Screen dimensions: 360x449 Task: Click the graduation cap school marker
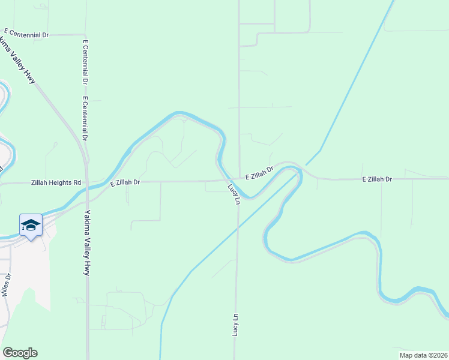pos(31,226)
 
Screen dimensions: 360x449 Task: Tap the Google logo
pos(20,353)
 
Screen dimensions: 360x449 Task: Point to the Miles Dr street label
pos(7,284)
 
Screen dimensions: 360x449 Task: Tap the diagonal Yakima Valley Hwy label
pos(19,59)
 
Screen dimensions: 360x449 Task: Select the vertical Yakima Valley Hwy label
pos(87,242)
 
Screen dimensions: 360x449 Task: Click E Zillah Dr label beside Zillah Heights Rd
pos(125,182)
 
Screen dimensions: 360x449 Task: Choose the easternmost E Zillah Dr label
pos(376,179)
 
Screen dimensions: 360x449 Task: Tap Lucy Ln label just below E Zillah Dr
pos(233,194)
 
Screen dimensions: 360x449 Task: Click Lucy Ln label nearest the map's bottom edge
pos(236,325)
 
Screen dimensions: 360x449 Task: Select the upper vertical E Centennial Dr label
pos(86,62)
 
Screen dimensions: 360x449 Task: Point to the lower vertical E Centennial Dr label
pos(86,118)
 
